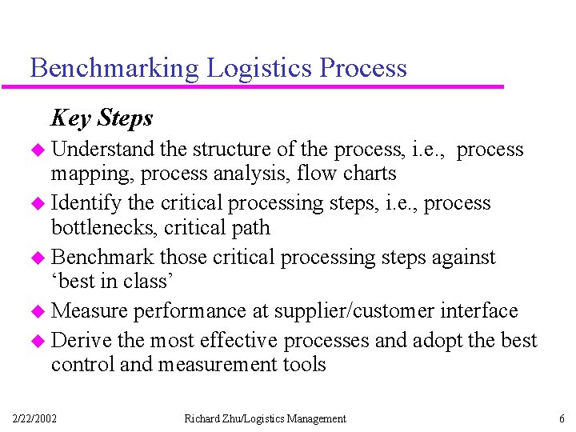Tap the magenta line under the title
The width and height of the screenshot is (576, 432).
pyautogui.click(x=264, y=86)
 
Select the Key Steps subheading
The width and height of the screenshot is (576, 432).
pyautogui.click(x=102, y=118)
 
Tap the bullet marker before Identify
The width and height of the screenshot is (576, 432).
pyautogui.click(x=40, y=204)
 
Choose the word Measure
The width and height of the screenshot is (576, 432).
pyautogui.click(x=88, y=310)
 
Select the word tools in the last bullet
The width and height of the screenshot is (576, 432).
pyautogui.click(x=299, y=364)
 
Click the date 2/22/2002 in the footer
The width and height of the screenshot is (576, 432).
pyautogui.click(x=35, y=418)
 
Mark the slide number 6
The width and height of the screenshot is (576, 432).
pyautogui.click(x=562, y=418)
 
